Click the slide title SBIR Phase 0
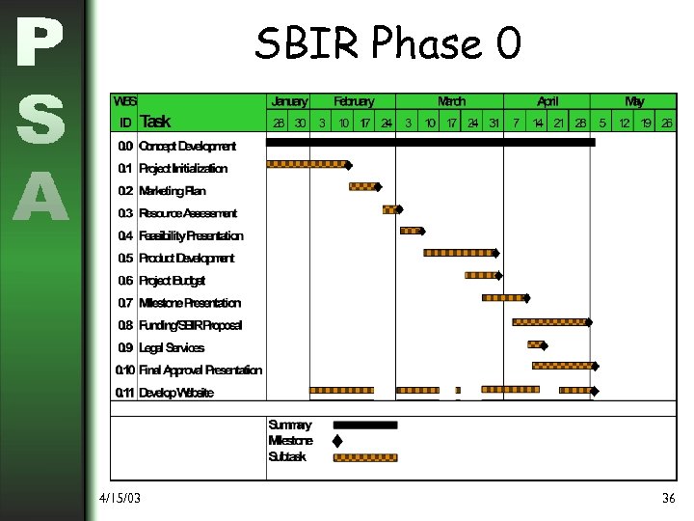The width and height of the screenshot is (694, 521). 387,43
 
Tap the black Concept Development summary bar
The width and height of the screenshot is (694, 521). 430,142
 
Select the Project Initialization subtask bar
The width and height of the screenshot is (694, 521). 306,164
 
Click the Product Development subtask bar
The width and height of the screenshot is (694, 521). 459,253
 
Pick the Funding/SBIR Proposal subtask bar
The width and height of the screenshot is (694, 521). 548,321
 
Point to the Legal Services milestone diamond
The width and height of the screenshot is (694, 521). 545,344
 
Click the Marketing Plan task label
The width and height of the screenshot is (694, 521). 173,191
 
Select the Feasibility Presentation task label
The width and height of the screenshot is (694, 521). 191,235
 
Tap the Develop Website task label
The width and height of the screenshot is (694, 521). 176,393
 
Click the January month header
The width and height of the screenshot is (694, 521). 289,101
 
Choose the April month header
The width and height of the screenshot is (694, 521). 547,101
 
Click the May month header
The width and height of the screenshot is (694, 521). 634,101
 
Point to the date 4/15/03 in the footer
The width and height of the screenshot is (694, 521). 120,498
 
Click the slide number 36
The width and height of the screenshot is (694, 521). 668,498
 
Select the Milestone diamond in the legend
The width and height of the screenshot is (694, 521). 337,441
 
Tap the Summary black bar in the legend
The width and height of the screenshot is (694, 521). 364,425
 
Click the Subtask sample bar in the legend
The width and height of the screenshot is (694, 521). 364,457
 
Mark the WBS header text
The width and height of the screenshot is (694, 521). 125,101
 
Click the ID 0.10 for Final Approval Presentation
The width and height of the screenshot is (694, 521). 124,370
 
